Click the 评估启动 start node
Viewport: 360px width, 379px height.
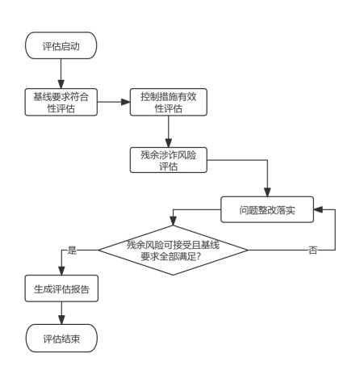coord(61,45)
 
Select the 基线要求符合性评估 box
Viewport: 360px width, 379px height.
coord(61,102)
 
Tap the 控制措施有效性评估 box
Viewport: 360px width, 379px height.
coord(169,102)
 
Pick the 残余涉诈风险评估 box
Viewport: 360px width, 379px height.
coord(169,160)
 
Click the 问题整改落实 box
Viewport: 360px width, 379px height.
coord(267,209)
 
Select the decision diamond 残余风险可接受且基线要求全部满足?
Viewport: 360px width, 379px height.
coord(173,251)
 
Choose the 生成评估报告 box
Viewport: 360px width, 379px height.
coord(61,288)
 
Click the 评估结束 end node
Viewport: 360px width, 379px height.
coord(61,338)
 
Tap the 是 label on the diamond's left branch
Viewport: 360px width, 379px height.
coord(72,250)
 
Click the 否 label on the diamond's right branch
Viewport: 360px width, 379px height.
coord(312,251)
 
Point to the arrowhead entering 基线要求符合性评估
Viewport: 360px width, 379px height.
coord(61,84)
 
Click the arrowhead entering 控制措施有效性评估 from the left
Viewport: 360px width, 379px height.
coord(126,102)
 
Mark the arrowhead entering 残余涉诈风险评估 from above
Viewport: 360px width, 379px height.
coord(169,143)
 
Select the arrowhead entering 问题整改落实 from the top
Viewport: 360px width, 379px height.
coord(267,192)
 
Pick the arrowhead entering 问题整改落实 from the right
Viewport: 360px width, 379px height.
coord(318,209)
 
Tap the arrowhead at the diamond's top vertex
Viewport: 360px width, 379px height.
coord(173,221)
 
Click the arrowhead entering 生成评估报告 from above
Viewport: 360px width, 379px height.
coord(61,271)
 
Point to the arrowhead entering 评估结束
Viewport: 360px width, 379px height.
coord(61,320)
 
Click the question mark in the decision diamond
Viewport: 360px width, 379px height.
coord(199,256)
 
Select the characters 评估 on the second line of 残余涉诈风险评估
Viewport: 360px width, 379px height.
coord(169,166)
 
